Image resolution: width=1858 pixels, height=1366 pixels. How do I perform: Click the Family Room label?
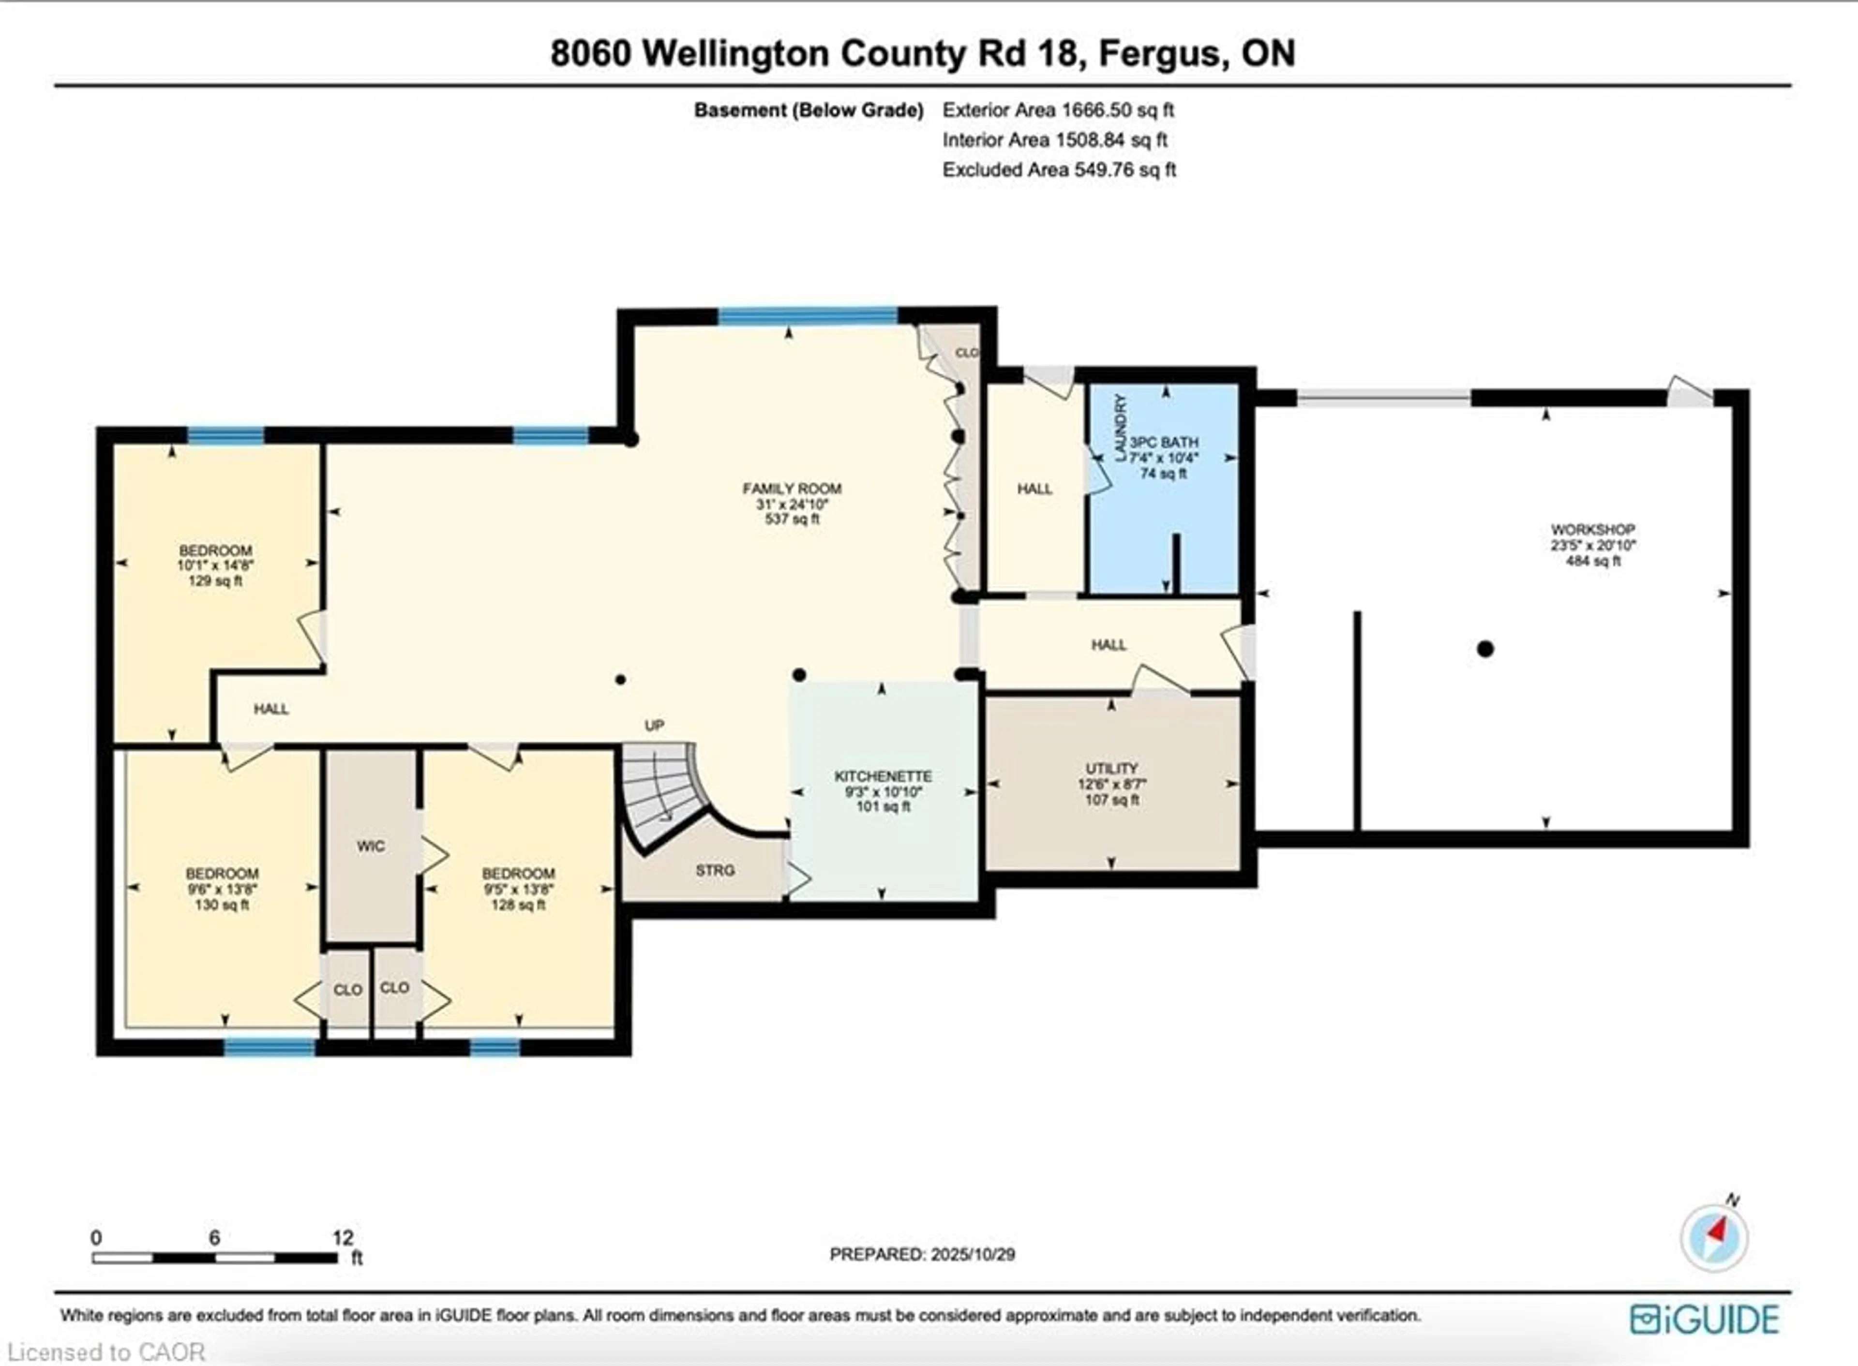pyautogui.click(x=791, y=489)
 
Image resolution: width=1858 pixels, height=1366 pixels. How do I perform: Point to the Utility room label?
pyautogui.click(x=1111, y=768)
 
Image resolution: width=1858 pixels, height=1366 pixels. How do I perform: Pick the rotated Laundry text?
pyautogui.click(x=1121, y=428)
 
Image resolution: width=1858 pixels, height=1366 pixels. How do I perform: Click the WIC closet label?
pyautogui.click(x=371, y=846)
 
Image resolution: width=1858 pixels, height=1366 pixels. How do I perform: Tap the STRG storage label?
pyautogui.click(x=715, y=870)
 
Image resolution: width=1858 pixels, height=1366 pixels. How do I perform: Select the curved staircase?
pyautogui.click(x=661, y=790)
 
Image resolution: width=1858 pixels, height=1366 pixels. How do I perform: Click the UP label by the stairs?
pyautogui.click(x=654, y=725)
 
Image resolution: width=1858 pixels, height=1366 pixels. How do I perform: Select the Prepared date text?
pyautogui.click(x=922, y=1254)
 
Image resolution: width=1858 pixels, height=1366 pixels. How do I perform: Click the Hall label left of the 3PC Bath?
pyautogui.click(x=1034, y=489)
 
